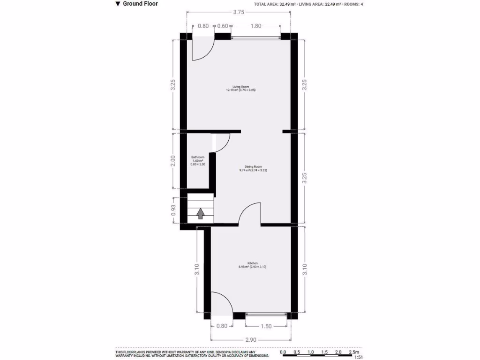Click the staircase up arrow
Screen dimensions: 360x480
[201, 214]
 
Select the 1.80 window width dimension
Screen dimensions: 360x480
[255, 26]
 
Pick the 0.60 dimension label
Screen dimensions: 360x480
[223, 26]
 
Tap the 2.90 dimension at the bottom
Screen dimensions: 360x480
[250, 339]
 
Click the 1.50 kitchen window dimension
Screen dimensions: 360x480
[266, 327]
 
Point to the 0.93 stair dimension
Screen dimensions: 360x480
[174, 210]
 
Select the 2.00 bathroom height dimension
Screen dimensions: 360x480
[173, 161]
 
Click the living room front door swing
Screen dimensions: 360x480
[202, 49]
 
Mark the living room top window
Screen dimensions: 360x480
[255, 36]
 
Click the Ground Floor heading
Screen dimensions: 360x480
[140, 4]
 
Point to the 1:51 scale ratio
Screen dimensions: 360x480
[359, 357]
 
